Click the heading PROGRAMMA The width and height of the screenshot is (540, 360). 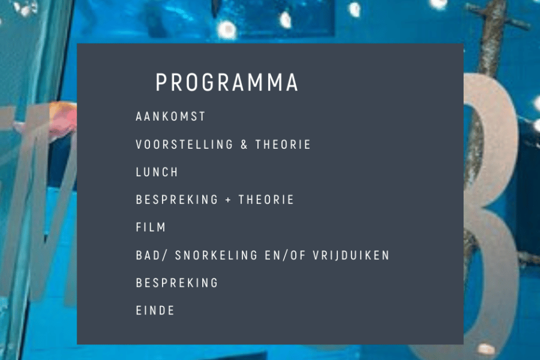(x=227, y=82)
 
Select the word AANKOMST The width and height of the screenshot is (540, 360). (x=170, y=116)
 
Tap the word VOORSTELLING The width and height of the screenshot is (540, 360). (x=184, y=145)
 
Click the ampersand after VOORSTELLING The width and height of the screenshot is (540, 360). (x=244, y=145)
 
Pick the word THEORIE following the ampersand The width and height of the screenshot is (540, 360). (x=283, y=145)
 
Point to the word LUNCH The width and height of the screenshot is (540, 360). (x=157, y=172)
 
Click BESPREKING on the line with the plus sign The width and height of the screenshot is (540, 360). (x=177, y=199)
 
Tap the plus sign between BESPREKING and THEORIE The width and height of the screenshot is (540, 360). (x=228, y=200)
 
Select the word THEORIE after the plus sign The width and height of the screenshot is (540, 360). (x=266, y=199)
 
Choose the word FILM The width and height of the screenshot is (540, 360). (x=151, y=227)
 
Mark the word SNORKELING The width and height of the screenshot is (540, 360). (x=216, y=255)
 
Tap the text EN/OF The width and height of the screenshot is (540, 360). (x=285, y=255)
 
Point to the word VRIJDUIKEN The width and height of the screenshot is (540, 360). (x=351, y=255)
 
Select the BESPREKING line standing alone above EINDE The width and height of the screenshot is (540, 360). (x=177, y=283)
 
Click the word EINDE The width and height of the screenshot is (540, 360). (x=155, y=310)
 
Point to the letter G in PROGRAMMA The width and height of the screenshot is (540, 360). (x=208, y=82)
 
